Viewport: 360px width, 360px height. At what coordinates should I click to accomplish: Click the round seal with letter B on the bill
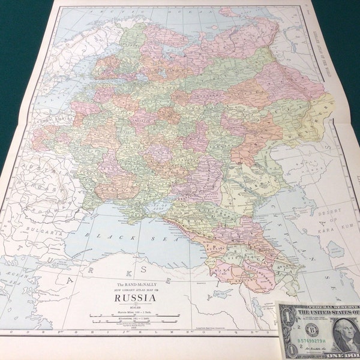click(x=312, y=331)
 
